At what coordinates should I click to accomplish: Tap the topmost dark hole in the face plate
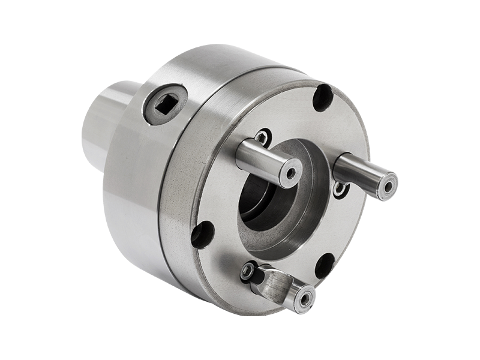[323, 97]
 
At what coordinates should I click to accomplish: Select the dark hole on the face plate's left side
[202, 235]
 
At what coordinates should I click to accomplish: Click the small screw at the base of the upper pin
[262, 137]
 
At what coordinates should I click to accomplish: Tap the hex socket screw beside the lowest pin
[247, 272]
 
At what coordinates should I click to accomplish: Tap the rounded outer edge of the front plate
[180, 240]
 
